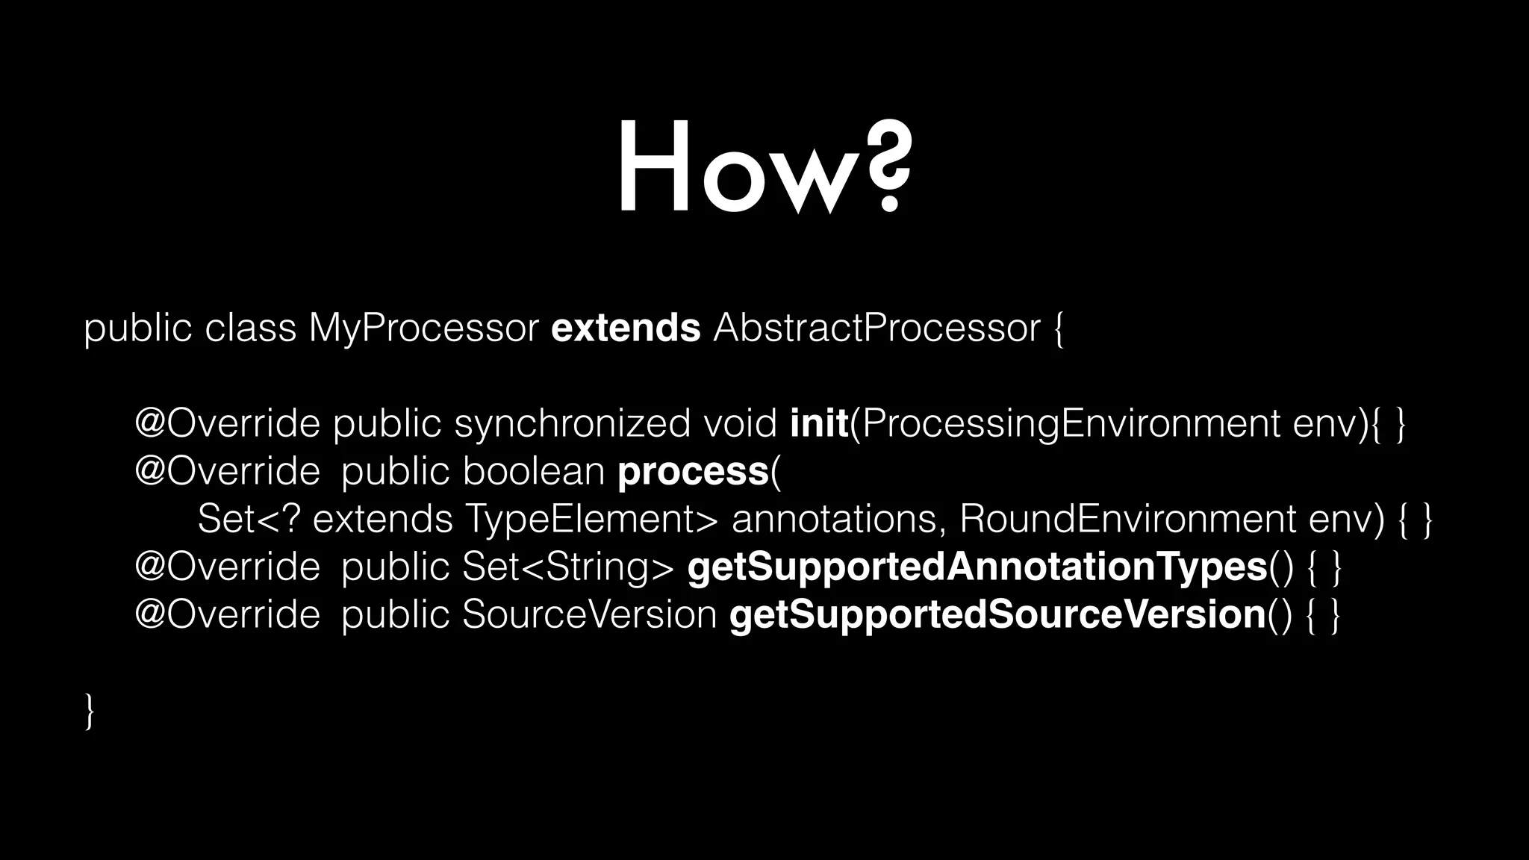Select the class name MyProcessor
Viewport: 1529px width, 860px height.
[x=423, y=328]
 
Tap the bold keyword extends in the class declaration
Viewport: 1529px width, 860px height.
[x=626, y=328]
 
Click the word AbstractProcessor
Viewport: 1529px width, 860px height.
[x=876, y=328]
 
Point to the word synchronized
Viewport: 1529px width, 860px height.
[x=572, y=424]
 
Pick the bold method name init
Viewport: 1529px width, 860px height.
[x=819, y=423]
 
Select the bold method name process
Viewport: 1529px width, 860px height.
[x=693, y=472]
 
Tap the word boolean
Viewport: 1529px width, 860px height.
[x=533, y=471]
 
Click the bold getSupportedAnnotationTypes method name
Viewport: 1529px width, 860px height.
[x=977, y=567]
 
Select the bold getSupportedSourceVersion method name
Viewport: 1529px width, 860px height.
[x=997, y=615]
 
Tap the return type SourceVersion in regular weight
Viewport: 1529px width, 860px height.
[x=590, y=615]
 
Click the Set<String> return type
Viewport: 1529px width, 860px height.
[x=567, y=567]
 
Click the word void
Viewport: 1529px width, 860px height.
[x=740, y=423]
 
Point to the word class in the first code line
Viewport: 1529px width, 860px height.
[x=250, y=328]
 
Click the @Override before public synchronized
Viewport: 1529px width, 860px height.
[x=227, y=424]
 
